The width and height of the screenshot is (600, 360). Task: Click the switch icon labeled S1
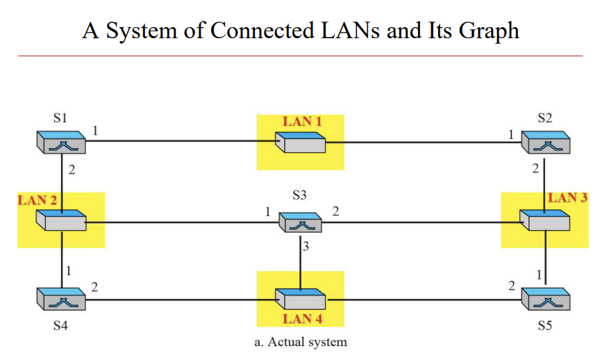61,143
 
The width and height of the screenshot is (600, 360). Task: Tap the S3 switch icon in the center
301,222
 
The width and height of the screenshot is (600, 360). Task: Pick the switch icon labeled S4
61,300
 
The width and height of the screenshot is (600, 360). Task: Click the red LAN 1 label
302,122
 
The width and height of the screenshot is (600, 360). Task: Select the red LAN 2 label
37,200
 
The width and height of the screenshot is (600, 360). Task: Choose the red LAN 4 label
302,319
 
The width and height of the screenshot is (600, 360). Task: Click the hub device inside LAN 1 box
300,143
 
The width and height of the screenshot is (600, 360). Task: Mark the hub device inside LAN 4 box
300,299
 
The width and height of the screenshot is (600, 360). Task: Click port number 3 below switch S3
306,246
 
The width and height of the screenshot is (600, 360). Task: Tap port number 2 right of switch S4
94,286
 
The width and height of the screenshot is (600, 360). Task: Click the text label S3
300,197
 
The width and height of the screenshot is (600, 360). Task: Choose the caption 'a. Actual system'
301,342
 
